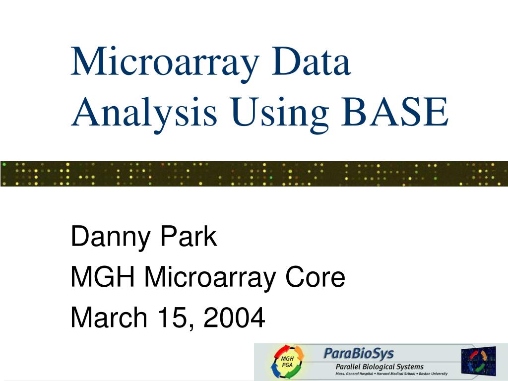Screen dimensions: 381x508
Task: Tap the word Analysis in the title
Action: [x=144, y=113]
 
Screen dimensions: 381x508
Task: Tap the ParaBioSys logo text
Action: [x=359, y=353]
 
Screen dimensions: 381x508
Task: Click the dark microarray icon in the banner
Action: [x=478, y=361]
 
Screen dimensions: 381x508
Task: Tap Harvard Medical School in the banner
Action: [x=392, y=374]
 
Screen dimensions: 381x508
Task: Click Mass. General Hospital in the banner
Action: [x=354, y=374]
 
